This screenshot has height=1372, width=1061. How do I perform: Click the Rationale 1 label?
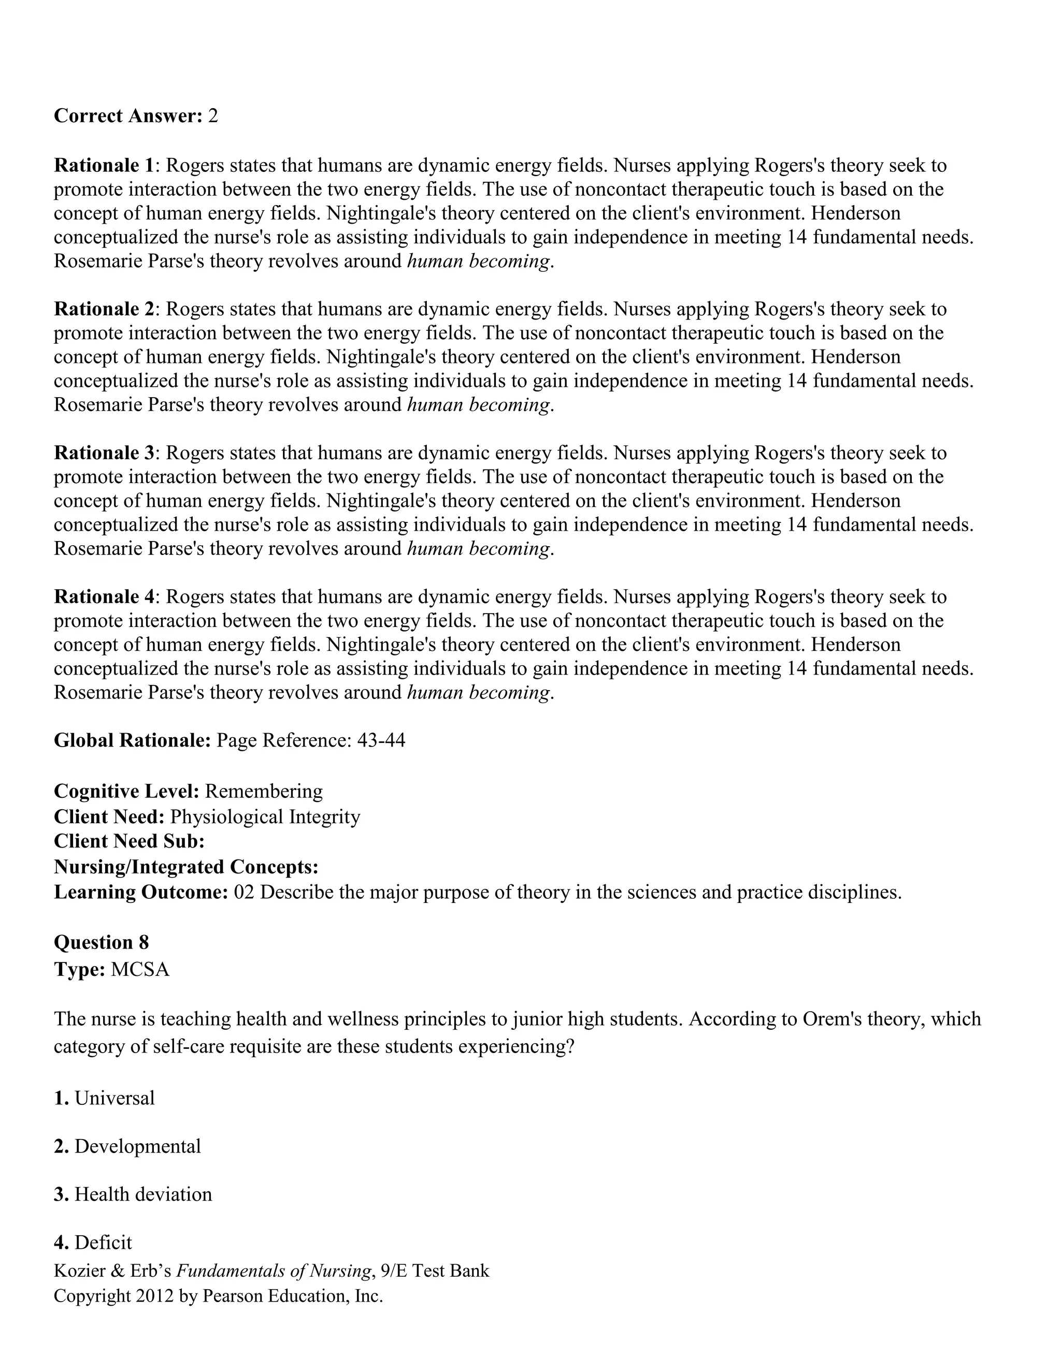click(104, 166)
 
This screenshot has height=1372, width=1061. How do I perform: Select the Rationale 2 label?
click(104, 309)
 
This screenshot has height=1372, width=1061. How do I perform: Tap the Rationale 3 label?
click(104, 453)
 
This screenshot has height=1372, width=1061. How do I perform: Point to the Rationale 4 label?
click(104, 597)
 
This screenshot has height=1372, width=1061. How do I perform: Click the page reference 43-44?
click(381, 741)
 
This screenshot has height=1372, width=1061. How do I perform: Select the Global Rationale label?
click(132, 741)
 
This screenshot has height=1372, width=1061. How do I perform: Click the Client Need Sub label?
click(129, 841)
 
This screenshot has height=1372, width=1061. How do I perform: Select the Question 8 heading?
click(101, 942)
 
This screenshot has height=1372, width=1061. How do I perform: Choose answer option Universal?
click(114, 1098)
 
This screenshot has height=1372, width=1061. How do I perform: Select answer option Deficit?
click(103, 1243)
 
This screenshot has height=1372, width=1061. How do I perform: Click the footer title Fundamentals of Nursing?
click(273, 1271)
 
